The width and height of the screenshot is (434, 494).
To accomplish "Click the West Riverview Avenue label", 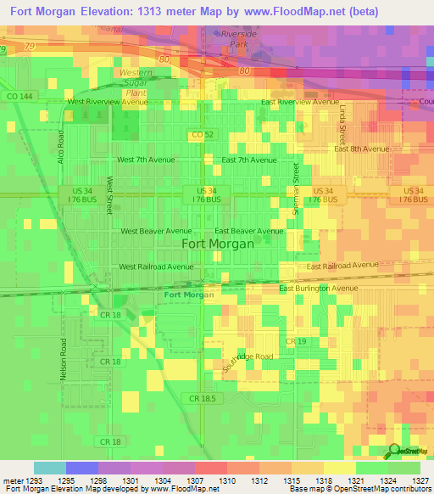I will [x=107, y=101].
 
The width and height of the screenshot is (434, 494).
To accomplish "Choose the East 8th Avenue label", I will [x=361, y=149].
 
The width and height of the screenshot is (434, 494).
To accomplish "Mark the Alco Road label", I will [x=60, y=147].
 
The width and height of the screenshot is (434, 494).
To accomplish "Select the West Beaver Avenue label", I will [x=156, y=231].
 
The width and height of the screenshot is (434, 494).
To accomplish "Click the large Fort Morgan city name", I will [x=217, y=244].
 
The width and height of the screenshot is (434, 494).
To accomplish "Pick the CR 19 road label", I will [x=295, y=341].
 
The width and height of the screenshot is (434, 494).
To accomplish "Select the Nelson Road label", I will [x=63, y=358].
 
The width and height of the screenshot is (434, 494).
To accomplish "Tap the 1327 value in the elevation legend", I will [x=421, y=480].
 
